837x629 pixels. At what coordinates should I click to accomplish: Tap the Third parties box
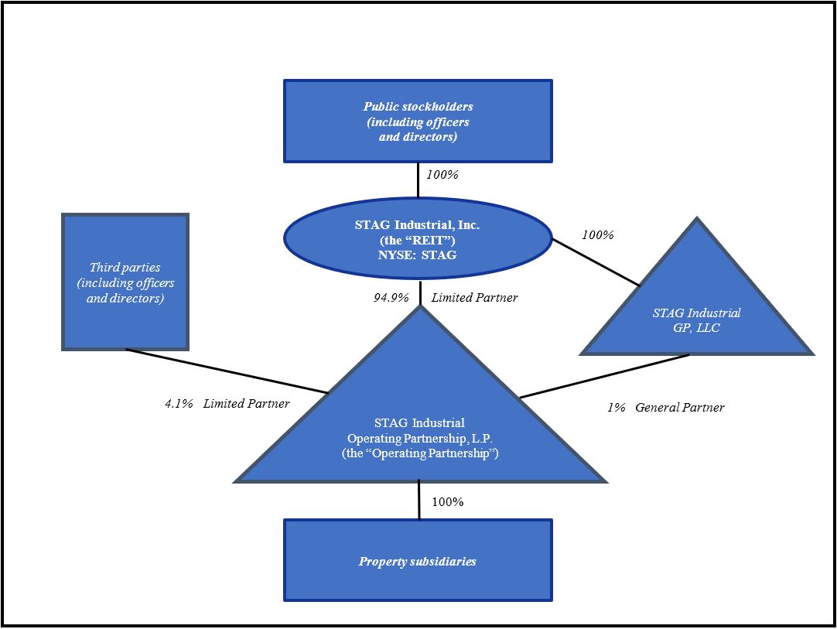click(125, 282)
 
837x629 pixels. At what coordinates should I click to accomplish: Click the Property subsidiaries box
click(418, 561)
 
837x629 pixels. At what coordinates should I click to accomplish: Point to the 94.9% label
click(391, 298)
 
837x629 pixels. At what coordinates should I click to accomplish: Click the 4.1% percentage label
click(179, 403)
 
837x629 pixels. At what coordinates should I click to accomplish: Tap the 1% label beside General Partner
click(616, 407)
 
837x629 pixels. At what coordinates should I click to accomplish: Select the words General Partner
click(680, 407)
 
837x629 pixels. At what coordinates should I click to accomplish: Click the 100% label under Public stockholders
click(442, 175)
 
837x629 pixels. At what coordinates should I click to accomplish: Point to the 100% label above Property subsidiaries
click(448, 502)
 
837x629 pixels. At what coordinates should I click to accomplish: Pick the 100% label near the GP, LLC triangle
click(597, 234)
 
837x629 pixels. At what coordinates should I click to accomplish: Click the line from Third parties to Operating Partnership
click(227, 371)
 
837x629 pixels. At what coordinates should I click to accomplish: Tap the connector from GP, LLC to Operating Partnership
click(603, 377)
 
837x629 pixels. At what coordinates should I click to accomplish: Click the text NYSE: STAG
click(418, 254)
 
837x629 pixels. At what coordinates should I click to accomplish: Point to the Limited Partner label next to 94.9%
click(475, 298)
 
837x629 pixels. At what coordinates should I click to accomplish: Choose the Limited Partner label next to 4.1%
click(247, 403)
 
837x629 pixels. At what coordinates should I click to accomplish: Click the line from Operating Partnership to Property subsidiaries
click(419, 500)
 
